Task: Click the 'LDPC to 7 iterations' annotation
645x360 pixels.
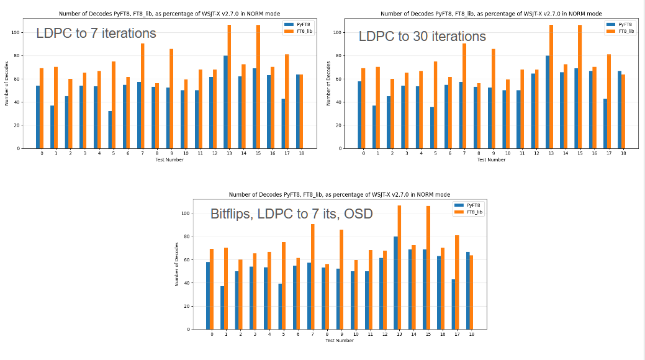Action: tap(96, 34)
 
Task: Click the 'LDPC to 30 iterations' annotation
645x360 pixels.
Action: tap(422, 37)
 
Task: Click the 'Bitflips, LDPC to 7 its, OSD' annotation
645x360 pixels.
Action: tap(291, 214)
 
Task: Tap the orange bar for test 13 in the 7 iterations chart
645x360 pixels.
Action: tap(229, 87)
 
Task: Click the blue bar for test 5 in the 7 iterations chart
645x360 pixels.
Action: tap(110, 130)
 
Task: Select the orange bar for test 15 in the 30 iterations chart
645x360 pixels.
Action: tap(580, 87)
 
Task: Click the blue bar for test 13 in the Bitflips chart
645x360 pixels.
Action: tap(395, 282)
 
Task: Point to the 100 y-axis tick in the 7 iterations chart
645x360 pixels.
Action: tap(17, 32)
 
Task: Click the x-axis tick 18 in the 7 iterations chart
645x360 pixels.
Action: tap(301, 153)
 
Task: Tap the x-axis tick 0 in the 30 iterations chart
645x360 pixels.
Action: tap(363, 153)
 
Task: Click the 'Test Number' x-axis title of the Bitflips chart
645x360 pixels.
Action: tap(339, 340)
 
